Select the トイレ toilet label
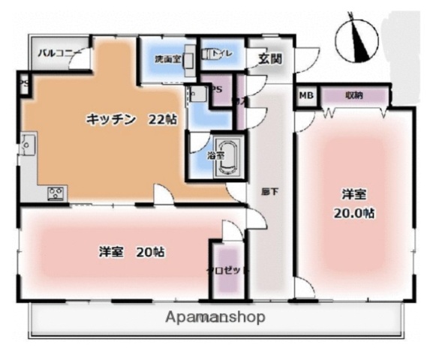pos(219,54)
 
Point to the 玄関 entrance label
pos(271,58)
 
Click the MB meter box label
pos(306,95)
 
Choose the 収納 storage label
pos(355,95)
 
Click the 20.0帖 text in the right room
pos(355,212)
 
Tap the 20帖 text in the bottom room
pos(150,251)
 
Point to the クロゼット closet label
pos(227,270)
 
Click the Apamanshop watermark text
pos(217,316)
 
